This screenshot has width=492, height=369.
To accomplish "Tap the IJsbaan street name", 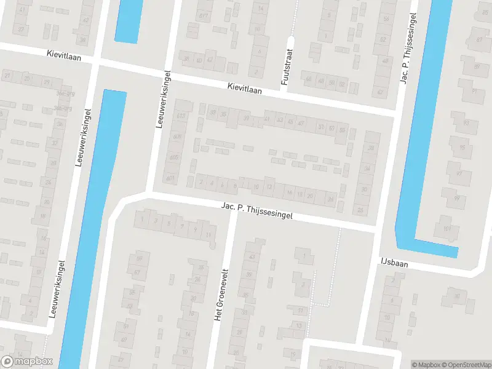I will tap(394, 263).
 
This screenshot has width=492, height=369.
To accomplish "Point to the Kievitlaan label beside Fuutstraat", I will tap(244, 89).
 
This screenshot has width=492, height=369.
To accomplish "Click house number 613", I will tap(181, 116).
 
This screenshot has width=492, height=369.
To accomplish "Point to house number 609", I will tap(178, 137).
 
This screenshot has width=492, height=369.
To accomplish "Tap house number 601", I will tap(170, 179).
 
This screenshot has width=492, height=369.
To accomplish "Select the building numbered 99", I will tap(456, 198).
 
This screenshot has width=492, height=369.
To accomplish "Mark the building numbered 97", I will tap(459, 173).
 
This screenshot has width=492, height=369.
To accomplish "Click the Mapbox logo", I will tap(27, 362).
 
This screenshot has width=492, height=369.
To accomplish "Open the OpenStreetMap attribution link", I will tap(466, 365).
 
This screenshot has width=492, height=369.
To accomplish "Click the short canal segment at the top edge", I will tap(128, 20).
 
